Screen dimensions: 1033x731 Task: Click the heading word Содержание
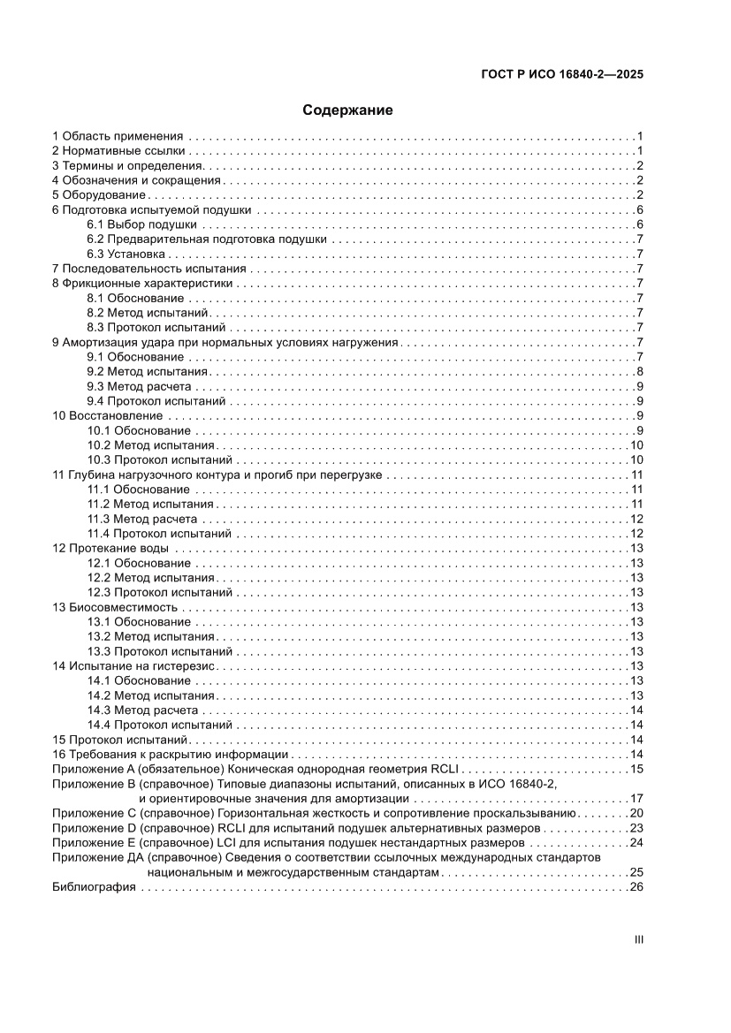pos(347,110)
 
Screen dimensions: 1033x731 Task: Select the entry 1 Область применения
pos(118,136)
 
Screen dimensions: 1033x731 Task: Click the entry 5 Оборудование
pos(99,194)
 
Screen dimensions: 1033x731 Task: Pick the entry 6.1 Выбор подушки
pos(141,224)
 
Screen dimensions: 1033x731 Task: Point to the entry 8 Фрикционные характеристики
pos(142,284)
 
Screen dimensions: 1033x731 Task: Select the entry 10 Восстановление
pos(107,415)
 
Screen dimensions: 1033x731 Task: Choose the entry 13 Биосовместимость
pos(116,607)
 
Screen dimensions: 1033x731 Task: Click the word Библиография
pos(94,886)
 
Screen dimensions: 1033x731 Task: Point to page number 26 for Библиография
pos(636,886)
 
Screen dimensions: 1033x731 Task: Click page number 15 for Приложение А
pos(636,769)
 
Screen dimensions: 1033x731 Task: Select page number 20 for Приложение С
pos(636,813)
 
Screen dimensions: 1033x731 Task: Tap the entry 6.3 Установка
pos(126,254)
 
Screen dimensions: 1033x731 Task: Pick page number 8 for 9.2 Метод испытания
pos(638,371)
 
